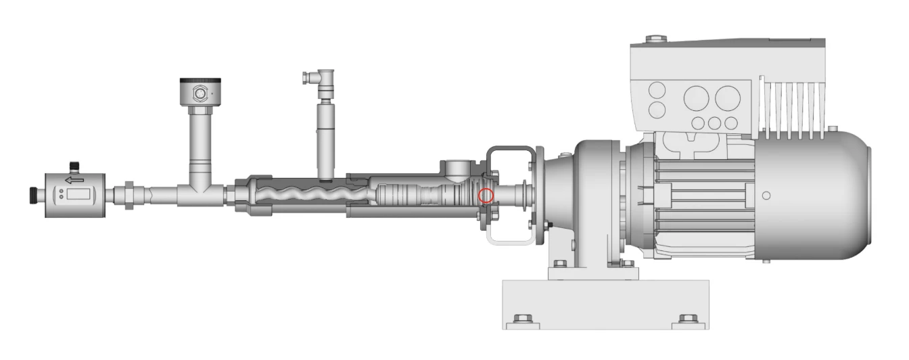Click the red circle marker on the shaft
click(486, 196)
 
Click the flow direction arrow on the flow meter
click(74, 180)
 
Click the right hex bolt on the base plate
click(687, 319)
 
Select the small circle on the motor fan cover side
click(766, 196)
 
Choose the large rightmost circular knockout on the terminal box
click(728, 98)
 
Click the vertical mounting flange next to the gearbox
click(540, 196)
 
